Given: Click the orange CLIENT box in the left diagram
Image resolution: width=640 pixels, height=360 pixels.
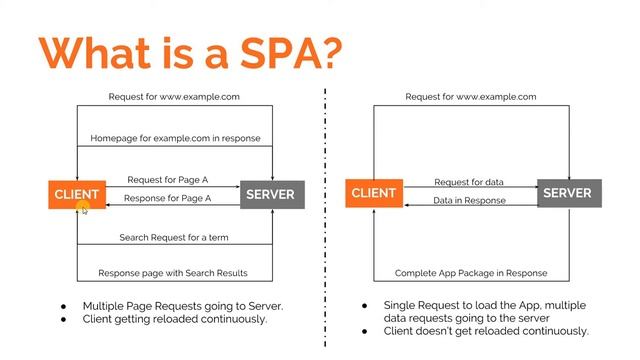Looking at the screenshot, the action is [x=77, y=195].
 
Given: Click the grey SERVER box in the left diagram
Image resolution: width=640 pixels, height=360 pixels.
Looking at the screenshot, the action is [x=272, y=195].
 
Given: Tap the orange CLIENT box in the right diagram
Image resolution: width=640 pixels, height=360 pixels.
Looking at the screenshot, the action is [x=374, y=193].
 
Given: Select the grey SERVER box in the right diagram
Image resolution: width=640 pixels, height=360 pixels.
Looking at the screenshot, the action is [x=569, y=193].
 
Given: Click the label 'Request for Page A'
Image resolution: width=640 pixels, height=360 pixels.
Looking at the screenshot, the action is [x=168, y=180].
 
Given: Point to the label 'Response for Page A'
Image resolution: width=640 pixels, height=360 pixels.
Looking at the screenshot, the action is [x=167, y=198].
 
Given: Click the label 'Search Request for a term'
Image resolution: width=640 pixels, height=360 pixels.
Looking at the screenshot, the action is [x=174, y=238].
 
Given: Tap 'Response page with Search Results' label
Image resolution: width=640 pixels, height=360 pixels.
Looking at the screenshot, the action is [x=173, y=273].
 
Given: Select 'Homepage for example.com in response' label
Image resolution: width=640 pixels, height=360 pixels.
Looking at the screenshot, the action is [x=176, y=138].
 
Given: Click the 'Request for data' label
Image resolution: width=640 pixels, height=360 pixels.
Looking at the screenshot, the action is [x=469, y=182].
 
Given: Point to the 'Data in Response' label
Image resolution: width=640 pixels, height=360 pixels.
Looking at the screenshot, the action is [x=469, y=200].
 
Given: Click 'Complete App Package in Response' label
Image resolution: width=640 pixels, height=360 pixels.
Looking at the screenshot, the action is [x=471, y=273].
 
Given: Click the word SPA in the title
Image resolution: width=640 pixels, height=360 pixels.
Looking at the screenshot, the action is [x=281, y=53].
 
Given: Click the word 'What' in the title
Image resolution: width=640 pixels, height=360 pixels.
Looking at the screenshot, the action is [x=94, y=53].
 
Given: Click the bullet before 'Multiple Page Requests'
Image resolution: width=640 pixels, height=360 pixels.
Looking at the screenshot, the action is [x=63, y=307].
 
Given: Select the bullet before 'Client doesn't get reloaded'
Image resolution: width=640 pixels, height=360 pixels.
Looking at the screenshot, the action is [x=364, y=331].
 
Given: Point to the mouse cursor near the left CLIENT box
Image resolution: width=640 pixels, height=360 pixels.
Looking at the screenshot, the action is [x=84, y=211].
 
